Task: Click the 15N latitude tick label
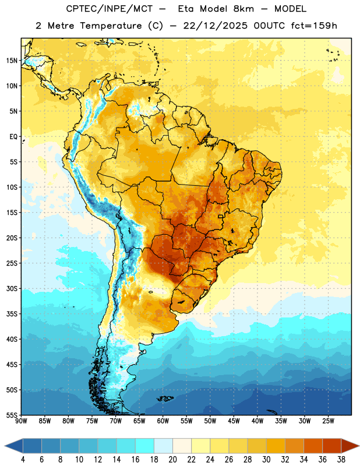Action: (12, 61)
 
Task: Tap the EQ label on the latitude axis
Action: (13, 137)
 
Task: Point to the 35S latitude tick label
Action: (12, 314)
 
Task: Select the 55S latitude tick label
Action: (12, 415)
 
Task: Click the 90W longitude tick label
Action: (21, 421)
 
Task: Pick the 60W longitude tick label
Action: (163, 421)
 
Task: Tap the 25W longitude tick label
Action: (328, 421)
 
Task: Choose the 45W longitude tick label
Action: (234, 421)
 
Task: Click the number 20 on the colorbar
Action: (172, 460)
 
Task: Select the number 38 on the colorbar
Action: (341, 460)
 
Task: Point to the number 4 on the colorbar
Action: (23, 460)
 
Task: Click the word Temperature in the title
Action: (111, 26)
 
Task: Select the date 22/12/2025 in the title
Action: (215, 26)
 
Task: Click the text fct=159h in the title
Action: (314, 26)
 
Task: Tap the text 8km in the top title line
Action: (243, 9)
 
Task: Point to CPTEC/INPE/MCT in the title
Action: (110, 9)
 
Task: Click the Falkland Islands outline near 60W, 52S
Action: (165, 398)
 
